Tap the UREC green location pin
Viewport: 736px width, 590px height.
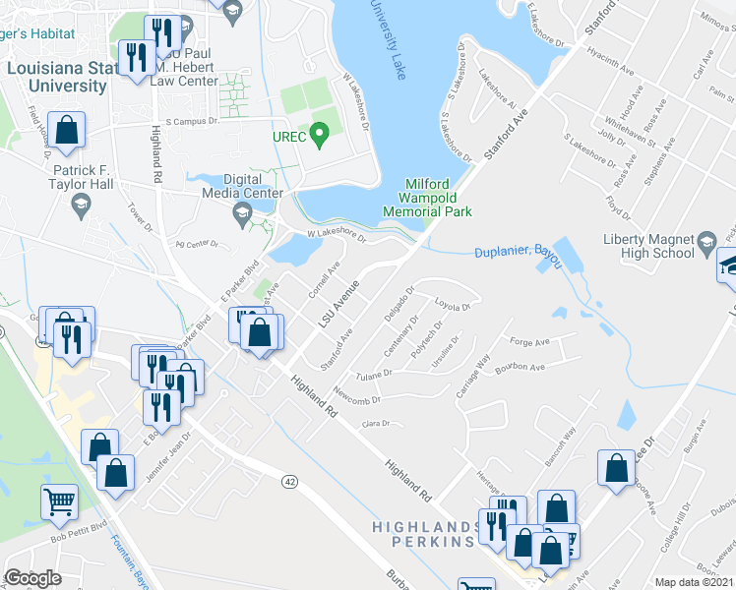tap(319, 134)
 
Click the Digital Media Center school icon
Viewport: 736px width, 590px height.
tap(241, 214)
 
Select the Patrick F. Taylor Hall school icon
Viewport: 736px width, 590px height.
tap(82, 206)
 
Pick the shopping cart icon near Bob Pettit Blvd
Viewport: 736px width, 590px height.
tap(60, 501)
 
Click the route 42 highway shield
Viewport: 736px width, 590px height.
tap(288, 481)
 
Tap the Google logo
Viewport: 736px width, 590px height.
tap(32, 578)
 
